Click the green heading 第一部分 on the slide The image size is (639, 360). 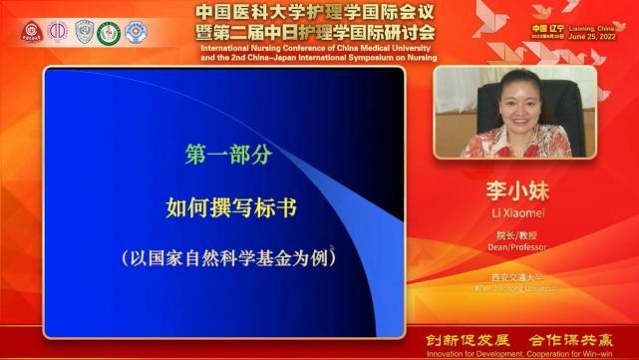[229, 156]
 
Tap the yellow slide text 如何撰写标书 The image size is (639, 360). [231, 207]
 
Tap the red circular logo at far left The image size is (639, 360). [31, 32]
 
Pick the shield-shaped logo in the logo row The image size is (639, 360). [84, 32]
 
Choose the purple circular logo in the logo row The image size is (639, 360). [58, 32]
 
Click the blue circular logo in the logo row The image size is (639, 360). [136, 32]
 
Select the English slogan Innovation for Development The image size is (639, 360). [468, 353]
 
